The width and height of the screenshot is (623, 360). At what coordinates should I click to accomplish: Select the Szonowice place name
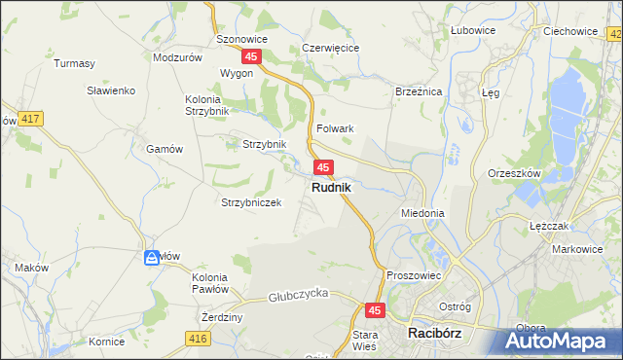242,40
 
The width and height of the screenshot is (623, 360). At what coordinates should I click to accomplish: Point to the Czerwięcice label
331,48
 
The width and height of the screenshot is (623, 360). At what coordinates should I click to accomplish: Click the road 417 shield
29,119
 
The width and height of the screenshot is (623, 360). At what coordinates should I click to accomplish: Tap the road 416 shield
199,338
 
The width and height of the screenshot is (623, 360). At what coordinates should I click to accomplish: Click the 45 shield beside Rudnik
325,167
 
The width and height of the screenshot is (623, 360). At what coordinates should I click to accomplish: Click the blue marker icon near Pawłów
152,258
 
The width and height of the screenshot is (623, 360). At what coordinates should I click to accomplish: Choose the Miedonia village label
422,212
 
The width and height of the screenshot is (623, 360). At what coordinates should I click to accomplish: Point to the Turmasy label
74,64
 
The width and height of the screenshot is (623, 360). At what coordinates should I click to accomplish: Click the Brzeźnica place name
419,90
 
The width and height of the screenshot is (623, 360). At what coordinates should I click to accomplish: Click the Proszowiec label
415,275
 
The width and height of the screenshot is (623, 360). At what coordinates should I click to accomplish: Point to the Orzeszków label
515,174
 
